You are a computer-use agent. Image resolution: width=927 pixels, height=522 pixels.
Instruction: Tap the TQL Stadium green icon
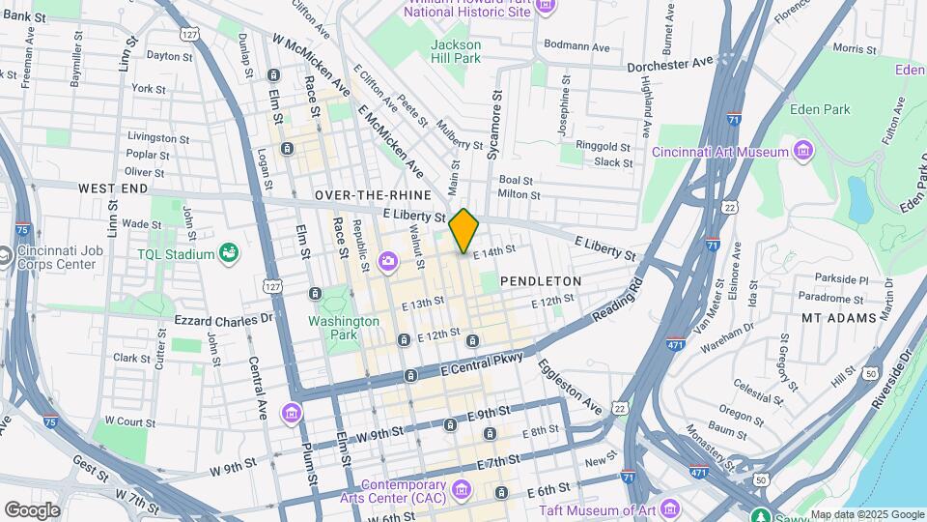point(229,254)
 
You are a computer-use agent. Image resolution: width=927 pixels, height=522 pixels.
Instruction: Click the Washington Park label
point(344,328)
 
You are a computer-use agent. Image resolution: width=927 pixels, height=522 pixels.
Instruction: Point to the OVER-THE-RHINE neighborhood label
point(373,195)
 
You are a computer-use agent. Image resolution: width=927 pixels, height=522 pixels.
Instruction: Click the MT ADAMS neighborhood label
point(839,317)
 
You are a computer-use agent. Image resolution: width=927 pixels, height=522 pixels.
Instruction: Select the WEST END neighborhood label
point(113,188)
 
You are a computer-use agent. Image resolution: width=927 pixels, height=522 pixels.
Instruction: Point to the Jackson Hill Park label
point(455,51)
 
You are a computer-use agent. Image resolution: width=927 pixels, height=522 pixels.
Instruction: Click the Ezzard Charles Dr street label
point(223,318)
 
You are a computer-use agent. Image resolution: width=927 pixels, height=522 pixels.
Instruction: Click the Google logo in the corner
point(32,509)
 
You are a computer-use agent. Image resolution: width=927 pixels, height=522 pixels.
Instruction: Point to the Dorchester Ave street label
point(669,64)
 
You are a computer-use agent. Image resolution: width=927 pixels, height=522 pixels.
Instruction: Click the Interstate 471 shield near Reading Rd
point(676,343)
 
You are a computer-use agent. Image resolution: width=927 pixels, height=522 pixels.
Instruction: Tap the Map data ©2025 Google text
point(866,514)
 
